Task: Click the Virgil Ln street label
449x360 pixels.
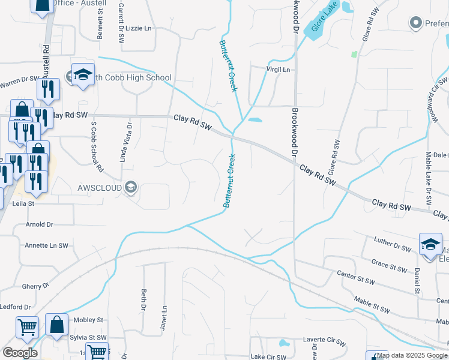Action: pos(279,70)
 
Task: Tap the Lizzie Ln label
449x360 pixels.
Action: pos(139,28)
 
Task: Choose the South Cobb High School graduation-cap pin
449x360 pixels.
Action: pos(83,75)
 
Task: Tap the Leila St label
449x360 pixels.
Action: pos(23,204)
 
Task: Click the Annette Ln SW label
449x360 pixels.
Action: pos(46,245)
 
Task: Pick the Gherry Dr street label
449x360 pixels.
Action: pos(34,287)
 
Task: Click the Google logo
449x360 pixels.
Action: pos(20,353)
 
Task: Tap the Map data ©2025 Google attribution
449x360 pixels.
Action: pos(412,356)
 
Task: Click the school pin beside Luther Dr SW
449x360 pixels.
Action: pos(430,245)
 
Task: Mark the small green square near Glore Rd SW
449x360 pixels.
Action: pos(354,54)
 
